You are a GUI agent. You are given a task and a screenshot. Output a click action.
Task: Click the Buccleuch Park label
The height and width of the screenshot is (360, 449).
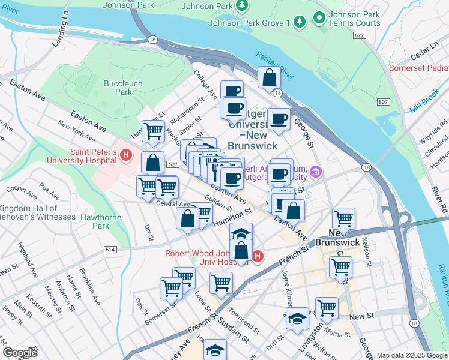click(x=118, y=88)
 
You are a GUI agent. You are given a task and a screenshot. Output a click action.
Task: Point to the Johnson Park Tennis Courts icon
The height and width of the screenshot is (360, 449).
click(x=320, y=19)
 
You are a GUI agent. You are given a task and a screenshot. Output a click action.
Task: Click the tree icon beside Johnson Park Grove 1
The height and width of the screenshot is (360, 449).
click(x=300, y=23)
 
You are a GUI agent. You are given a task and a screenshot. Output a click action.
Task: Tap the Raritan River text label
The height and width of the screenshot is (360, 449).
click(x=275, y=65)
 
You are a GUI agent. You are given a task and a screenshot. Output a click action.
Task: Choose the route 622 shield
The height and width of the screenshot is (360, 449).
click(x=360, y=36)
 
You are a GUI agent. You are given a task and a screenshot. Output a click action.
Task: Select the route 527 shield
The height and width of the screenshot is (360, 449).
click(x=172, y=164)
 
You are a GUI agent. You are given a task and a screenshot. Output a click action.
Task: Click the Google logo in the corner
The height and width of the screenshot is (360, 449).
click(x=20, y=352)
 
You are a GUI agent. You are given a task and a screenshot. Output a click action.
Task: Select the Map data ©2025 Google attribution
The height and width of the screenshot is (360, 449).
click(x=412, y=355)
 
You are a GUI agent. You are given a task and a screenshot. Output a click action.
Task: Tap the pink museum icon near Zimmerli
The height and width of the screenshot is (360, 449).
click(x=316, y=173)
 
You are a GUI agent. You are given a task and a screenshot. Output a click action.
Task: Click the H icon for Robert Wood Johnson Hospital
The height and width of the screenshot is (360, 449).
click(x=258, y=257)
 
